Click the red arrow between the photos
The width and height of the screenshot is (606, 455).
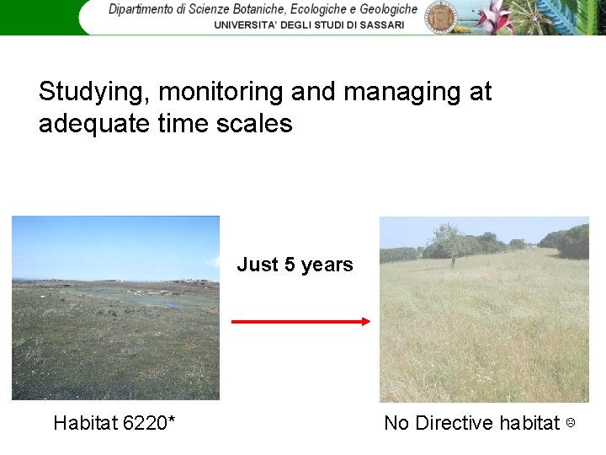point(300,321)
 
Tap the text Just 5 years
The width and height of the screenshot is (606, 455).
point(295,265)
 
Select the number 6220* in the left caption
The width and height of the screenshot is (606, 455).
point(149,422)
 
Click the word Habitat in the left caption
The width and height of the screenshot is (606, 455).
point(84,422)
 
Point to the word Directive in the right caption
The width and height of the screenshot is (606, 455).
point(454,422)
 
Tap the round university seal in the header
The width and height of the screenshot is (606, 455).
point(440,16)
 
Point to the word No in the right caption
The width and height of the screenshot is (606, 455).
point(396,422)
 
